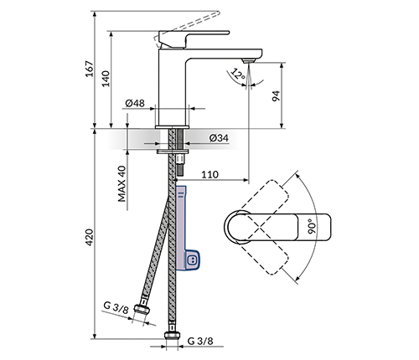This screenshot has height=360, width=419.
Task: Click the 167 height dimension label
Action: point(90,69)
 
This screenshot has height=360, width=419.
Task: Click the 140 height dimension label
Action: point(106,79)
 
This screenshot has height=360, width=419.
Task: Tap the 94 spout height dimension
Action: point(276,96)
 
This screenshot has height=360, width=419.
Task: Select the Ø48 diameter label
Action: point(135,103)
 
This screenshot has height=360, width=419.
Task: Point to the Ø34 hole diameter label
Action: point(219,138)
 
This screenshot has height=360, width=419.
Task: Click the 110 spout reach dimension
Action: point(209,175)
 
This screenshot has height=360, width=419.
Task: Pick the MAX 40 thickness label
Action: point(122,183)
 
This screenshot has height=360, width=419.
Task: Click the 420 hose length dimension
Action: point(90,238)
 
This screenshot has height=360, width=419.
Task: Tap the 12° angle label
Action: point(237,74)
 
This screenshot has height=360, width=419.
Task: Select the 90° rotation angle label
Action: point(312,226)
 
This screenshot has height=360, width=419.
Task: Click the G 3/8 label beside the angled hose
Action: point(116,307)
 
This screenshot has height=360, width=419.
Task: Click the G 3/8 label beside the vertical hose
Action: point(200,341)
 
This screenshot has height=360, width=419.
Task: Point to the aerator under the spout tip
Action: point(249,60)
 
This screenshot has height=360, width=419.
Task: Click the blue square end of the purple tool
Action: point(192,260)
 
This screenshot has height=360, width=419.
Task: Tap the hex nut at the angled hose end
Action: point(142,309)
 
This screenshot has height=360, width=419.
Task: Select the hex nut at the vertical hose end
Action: point(172,335)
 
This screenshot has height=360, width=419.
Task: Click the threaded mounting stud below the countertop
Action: point(180,165)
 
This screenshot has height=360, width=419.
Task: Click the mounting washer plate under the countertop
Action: point(173,152)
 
